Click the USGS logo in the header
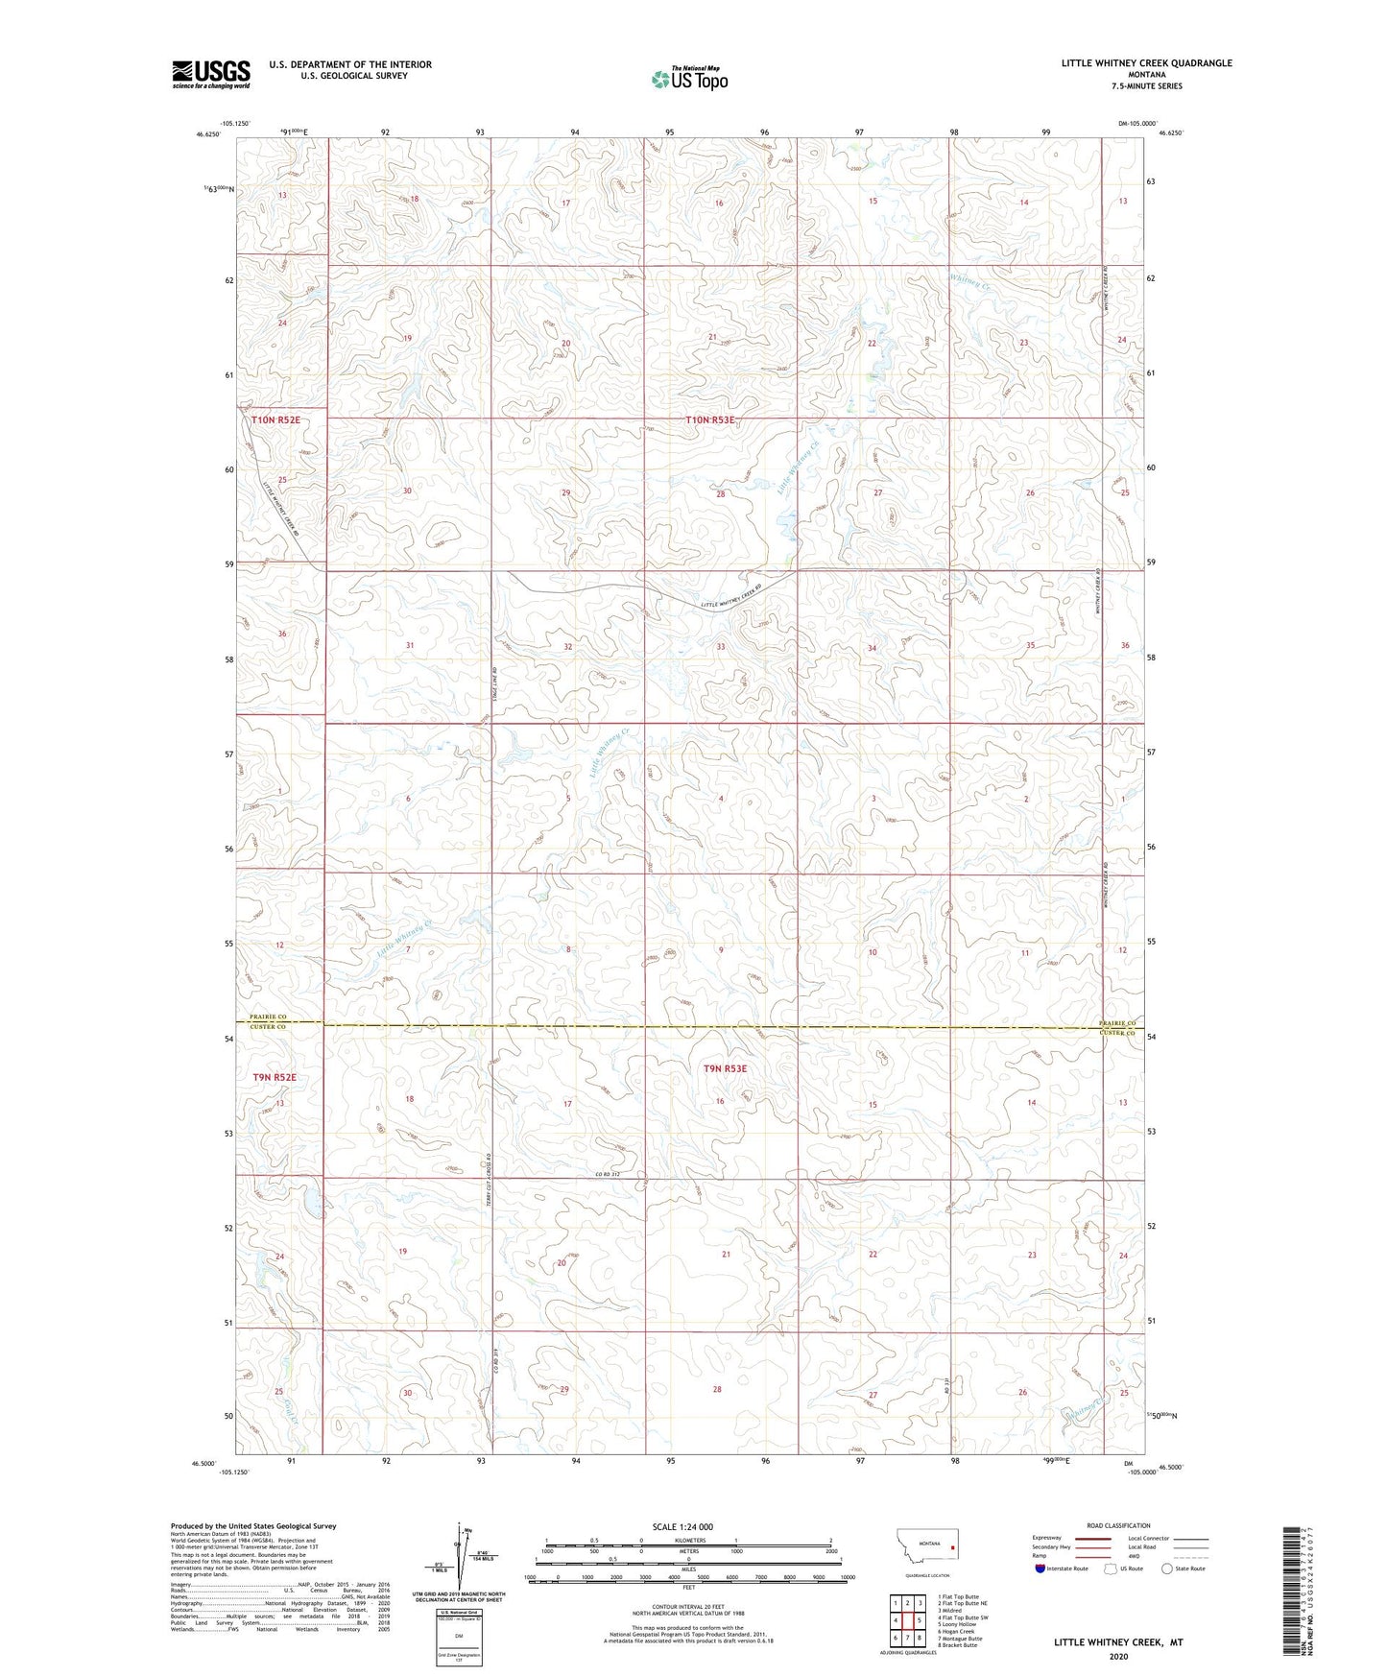click(x=210, y=74)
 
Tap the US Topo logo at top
click(x=688, y=79)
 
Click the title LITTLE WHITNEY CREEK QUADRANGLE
click(x=1146, y=63)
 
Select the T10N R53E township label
click(x=710, y=420)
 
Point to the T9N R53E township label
click(x=725, y=1068)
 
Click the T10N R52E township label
click(x=275, y=420)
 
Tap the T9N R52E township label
click(x=275, y=1077)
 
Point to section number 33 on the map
click(x=720, y=647)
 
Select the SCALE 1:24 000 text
click(x=682, y=1526)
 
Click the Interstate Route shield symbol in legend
click(x=1040, y=1568)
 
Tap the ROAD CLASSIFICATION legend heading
click(x=1118, y=1525)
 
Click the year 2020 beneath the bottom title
click(x=1118, y=1657)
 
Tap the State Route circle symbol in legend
click(x=1166, y=1568)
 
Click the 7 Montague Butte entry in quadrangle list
click(x=960, y=1638)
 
